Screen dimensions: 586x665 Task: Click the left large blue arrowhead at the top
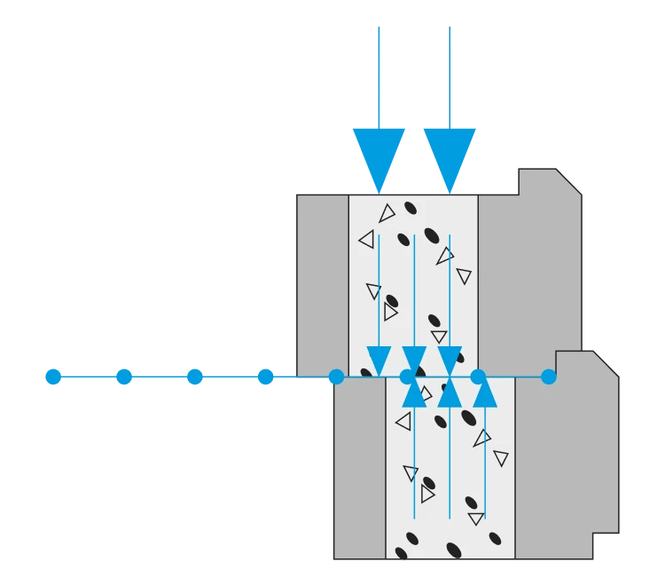click(379, 155)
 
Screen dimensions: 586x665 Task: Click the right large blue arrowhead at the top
click(450, 155)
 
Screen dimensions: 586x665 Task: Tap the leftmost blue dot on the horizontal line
click(53, 376)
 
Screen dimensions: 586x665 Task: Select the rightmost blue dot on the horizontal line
click(549, 376)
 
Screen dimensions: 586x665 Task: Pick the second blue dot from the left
click(124, 376)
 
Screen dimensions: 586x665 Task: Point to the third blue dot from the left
click(194, 376)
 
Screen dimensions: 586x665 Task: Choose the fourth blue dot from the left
click(264, 376)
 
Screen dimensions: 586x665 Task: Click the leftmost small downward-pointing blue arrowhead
click(379, 360)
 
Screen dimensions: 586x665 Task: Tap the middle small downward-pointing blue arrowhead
click(414, 360)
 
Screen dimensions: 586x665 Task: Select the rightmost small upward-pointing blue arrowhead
click(485, 393)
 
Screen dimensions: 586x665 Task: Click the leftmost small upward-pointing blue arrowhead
click(414, 393)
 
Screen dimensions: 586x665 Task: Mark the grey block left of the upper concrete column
click(322, 282)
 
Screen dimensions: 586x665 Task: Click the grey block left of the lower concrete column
click(359, 469)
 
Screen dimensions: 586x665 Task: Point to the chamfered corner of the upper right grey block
click(570, 179)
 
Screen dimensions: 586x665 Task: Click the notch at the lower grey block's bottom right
click(606, 546)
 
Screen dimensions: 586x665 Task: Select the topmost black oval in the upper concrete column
click(411, 208)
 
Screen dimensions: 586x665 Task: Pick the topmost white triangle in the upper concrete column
click(387, 213)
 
